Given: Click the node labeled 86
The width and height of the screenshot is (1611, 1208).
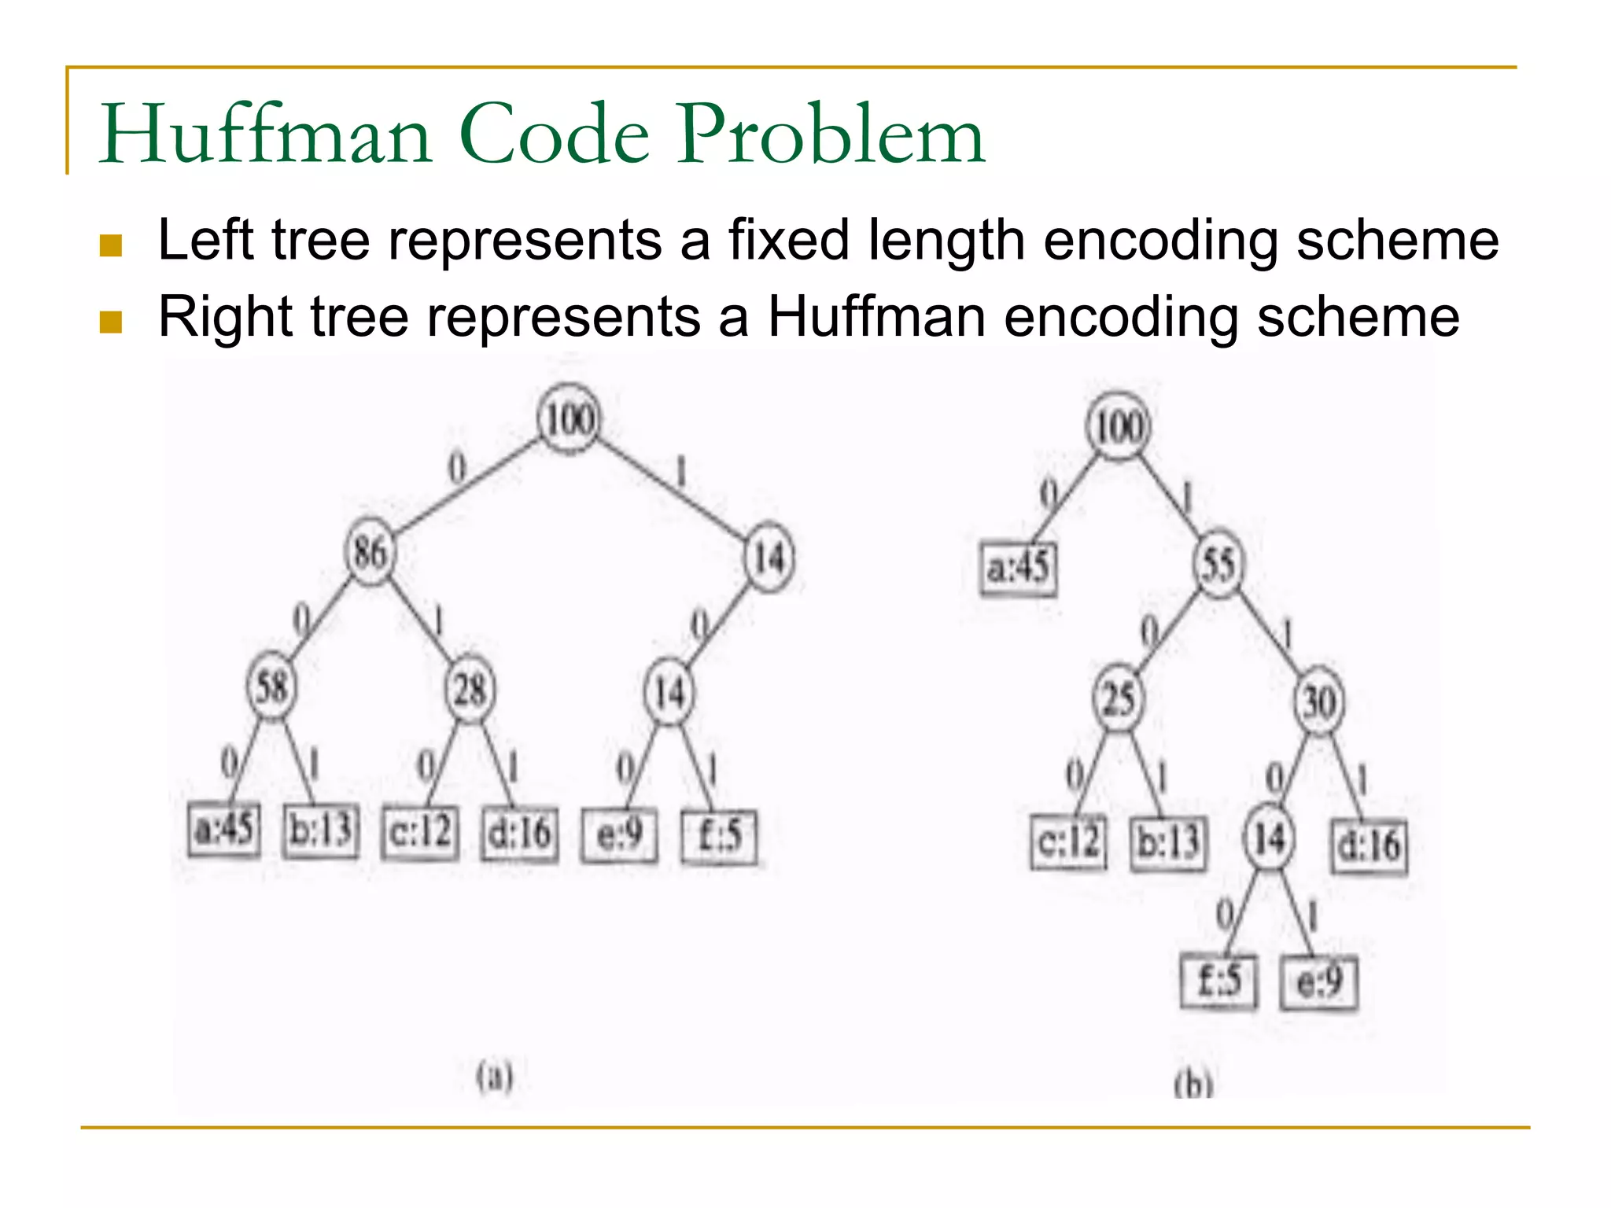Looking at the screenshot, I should coord(370,552).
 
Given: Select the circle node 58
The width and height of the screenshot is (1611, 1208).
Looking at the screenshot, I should coord(271,687).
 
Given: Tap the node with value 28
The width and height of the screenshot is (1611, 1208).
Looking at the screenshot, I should coord(470,690).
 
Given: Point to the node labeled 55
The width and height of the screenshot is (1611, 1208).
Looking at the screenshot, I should coord(1218,564).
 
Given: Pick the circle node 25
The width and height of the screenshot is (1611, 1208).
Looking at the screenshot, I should coord(1118,699).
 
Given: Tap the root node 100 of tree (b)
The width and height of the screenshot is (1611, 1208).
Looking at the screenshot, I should coord(1118,427).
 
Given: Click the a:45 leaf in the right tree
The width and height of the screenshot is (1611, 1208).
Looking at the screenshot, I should coord(1018,566).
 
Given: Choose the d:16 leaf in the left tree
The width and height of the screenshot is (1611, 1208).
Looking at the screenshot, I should coord(519,834).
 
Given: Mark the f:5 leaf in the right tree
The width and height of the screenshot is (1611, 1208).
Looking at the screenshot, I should coord(1218,981).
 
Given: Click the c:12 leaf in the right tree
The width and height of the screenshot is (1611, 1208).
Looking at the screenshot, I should coord(1068,842).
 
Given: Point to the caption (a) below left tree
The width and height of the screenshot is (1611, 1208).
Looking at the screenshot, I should coord(495,1075).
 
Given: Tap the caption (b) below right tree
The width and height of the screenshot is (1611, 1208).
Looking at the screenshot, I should coord(1193,1085).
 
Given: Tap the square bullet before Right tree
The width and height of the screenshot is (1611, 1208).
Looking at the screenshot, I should coord(111,322).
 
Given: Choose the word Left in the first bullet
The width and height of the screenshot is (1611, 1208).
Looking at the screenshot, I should coord(205,240).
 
